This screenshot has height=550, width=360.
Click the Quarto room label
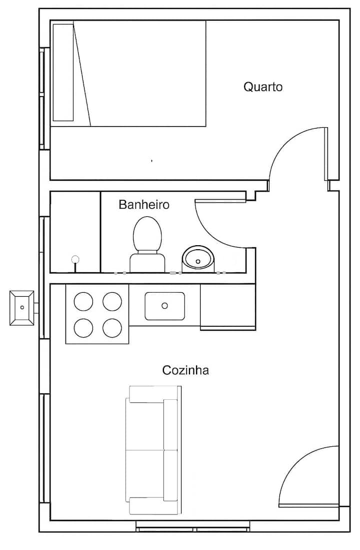pyautogui.click(x=263, y=87)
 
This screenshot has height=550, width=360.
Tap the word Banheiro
pyautogui.click(x=144, y=204)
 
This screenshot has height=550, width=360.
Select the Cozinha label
pyautogui.click(x=185, y=370)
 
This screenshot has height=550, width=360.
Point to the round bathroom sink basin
pyautogui.click(x=198, y=259)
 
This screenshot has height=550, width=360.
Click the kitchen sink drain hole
pyautogui.click(x=165, y=306)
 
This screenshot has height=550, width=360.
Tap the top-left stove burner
pyautogui.click(x=83, y=302)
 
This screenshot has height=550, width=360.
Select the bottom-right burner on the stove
pyautogui.click(x=112, y=328)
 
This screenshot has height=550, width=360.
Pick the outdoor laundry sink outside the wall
pyautogui.click(x=21, y=308)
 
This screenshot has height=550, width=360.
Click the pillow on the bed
pyautogui.click(x=63, y=73)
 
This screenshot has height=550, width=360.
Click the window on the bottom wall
pyautogui.click(x=193, y=526)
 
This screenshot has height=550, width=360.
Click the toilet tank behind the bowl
pyautogui.click(x=147, y=262)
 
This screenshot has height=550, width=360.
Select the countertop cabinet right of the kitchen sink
pyautogui.click(x=227, y=307)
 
